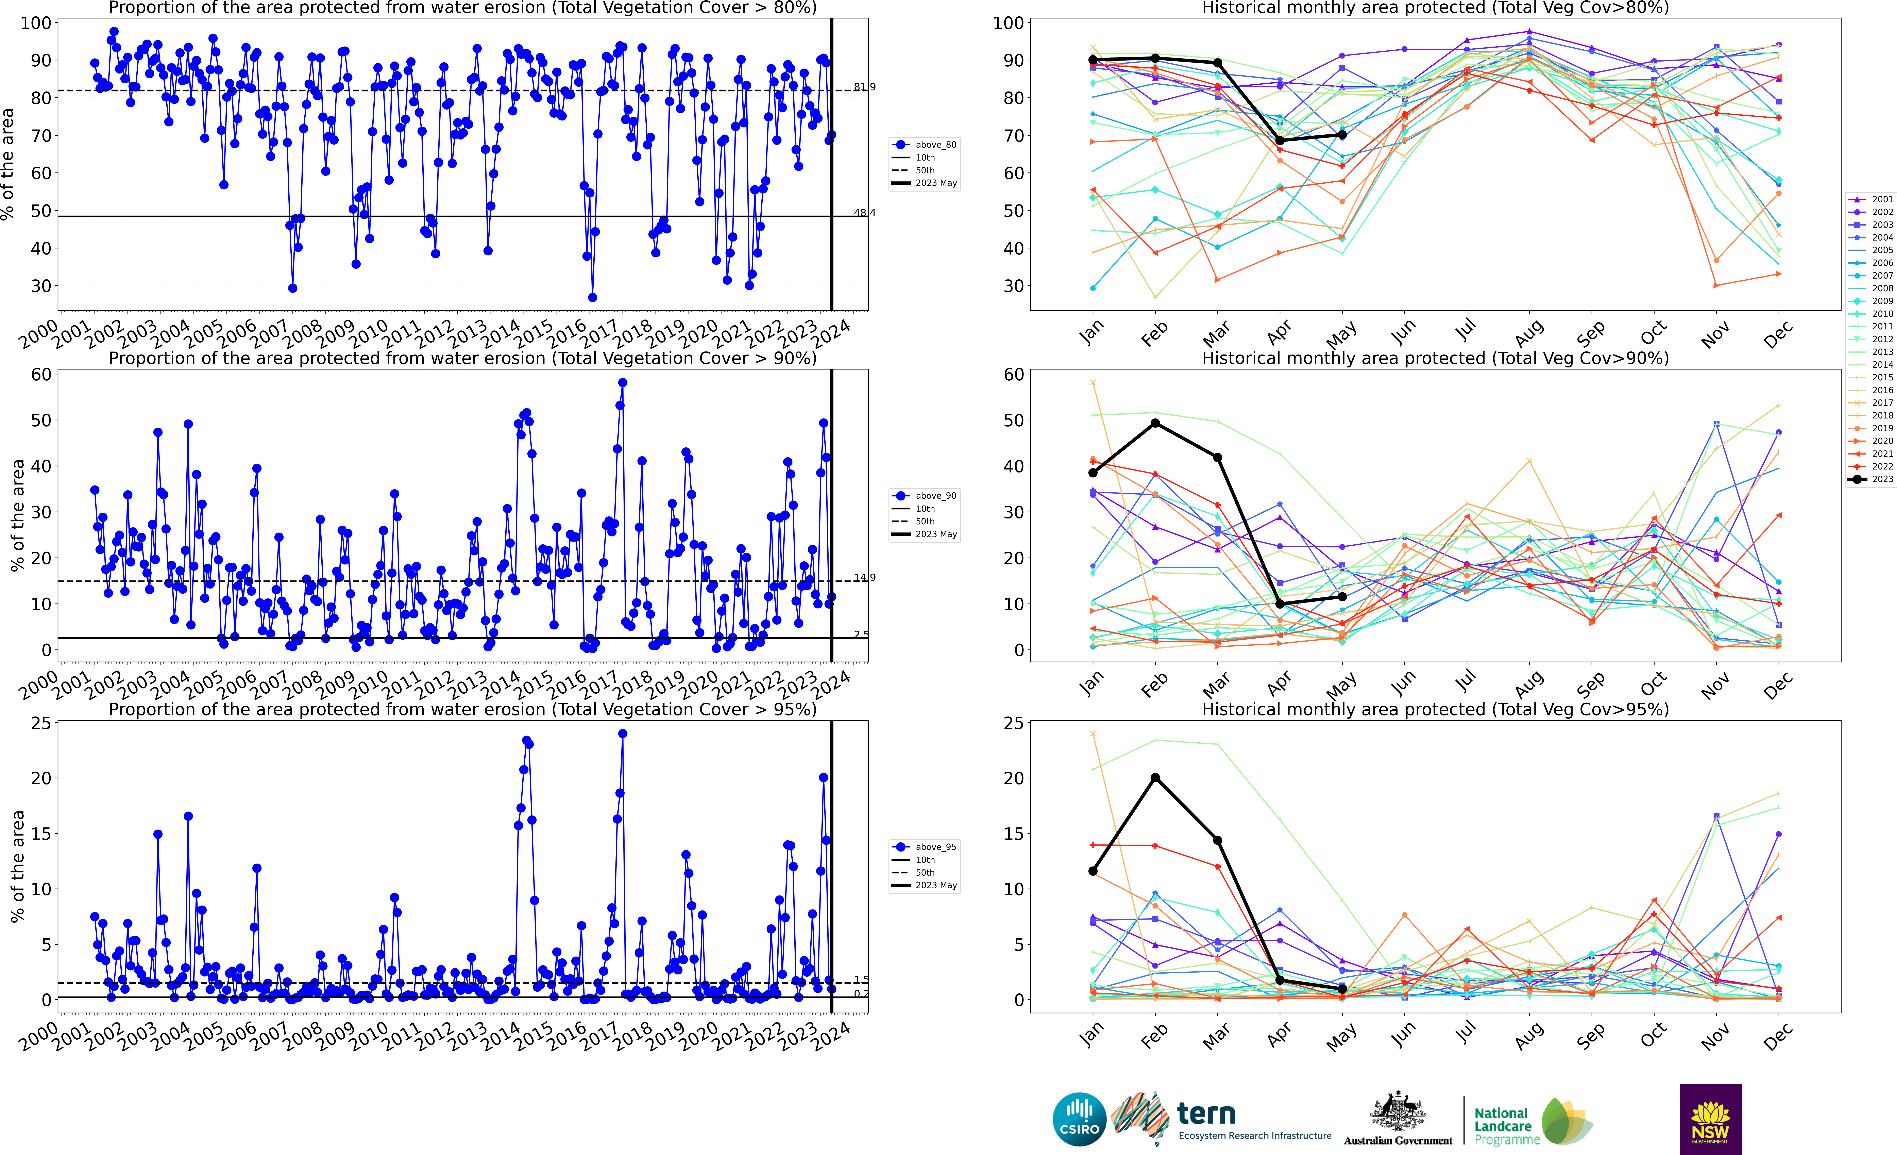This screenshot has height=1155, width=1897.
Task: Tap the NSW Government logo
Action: coord(1710,1119)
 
